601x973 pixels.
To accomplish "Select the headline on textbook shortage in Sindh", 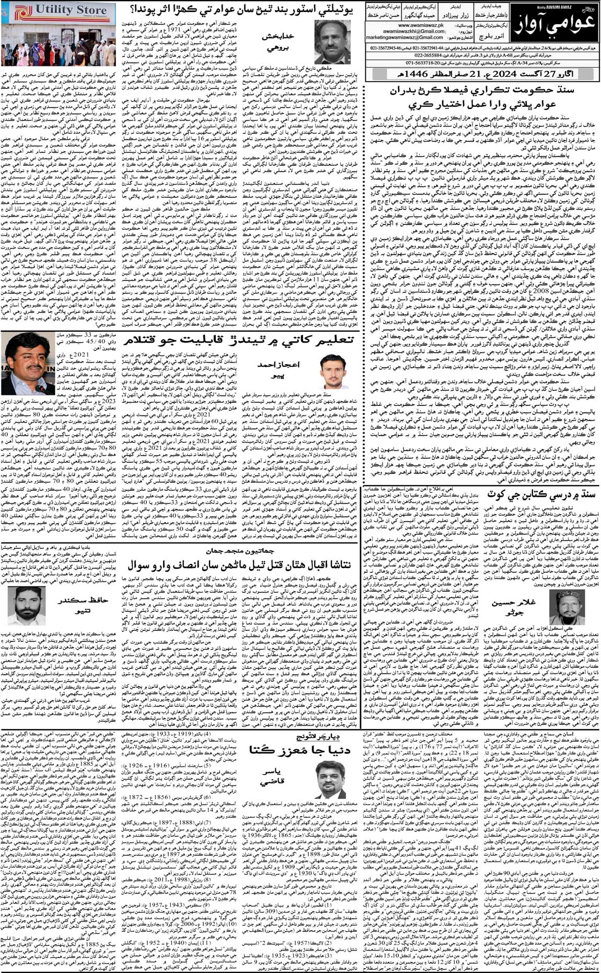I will [x=541, y=495].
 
